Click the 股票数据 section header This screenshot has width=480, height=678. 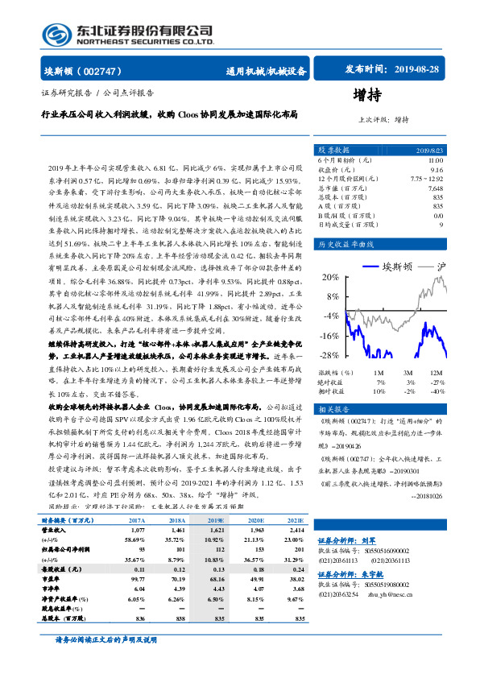pyautogui.click(x=333, y=150)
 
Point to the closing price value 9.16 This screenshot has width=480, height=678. pyautogui.click(x=437, y=170)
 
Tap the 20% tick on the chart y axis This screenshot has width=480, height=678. pyautogui.click(x=329, y=278)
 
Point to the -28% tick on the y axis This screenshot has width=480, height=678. pyautogui.click(x=328, y=355)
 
